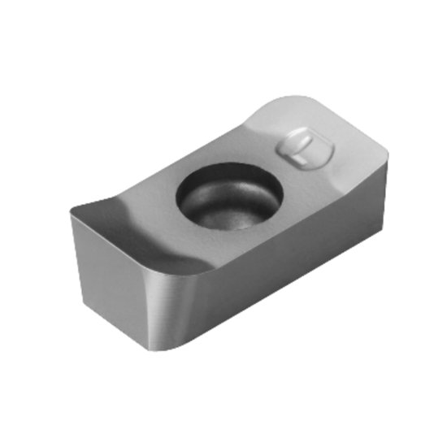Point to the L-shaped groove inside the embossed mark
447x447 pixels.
[x=303, y=150]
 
